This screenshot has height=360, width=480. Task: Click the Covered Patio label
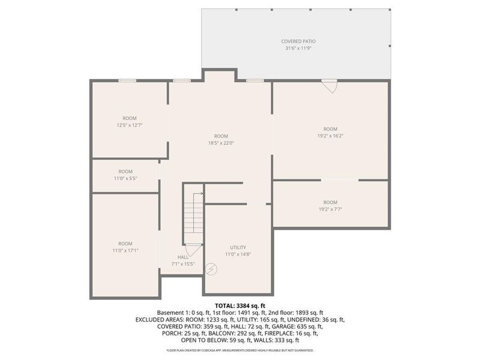click(x=295, y=41)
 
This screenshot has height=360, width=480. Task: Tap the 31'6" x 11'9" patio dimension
click(x=295, y=49)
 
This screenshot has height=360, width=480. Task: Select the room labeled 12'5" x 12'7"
click(x=130, y=122)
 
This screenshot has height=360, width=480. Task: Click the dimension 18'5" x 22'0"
click(x=221, y=143)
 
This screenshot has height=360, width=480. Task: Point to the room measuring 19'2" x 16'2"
click(x=330, y=133)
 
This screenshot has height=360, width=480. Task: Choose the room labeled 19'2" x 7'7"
click(x=330, y=206)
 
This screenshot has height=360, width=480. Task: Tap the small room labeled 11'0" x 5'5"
click(x=125, y=175)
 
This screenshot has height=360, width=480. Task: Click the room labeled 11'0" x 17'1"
click(x=125, y=247)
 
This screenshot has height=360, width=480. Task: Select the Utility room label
click(x=238, y=247)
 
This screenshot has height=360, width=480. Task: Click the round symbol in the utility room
click(x=210, y=269)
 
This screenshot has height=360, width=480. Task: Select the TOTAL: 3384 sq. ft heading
click(x=239, y=305)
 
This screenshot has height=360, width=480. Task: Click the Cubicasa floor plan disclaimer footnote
click(x=239, y=350)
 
